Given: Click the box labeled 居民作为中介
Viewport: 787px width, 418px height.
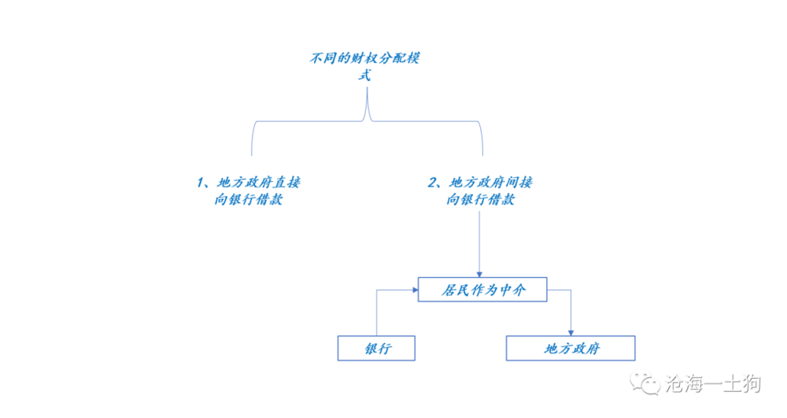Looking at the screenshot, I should click(482, 290).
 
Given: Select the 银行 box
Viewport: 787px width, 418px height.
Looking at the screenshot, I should click(376, 348).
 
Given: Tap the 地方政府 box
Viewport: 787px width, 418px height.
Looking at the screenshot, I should click(570, 348).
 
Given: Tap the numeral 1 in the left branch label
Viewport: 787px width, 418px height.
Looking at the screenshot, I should click(201, 183).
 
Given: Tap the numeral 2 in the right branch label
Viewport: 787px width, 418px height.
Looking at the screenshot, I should click(432, 183).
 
